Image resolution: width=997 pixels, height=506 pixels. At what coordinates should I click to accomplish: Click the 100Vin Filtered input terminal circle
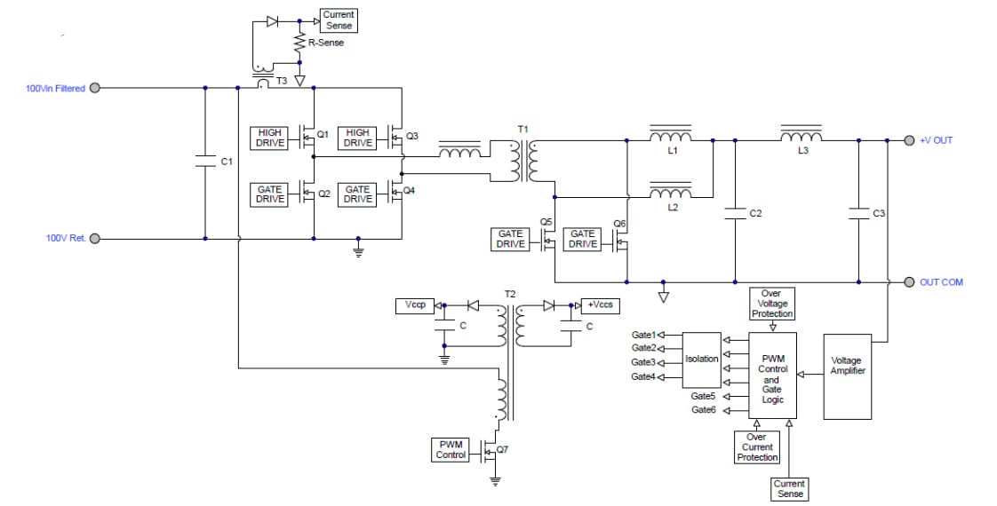tap(95, 88)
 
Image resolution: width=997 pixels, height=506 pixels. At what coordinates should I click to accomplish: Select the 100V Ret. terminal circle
tap(95, 238)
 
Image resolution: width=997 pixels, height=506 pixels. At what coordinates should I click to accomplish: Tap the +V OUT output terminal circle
tap(909, 140)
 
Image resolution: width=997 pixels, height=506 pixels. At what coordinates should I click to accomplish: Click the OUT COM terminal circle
tap(909, 282)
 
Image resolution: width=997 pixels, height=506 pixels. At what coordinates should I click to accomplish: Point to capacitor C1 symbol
tap(205, 162)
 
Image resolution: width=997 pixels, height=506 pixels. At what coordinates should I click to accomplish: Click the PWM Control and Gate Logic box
tap(772, 375)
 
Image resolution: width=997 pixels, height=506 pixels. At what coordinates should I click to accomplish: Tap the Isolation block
tap(702, 359)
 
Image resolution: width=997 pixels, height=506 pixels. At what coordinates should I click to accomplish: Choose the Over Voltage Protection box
tap(771, 304)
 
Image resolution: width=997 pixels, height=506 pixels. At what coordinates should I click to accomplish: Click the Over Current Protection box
tap(756, 447)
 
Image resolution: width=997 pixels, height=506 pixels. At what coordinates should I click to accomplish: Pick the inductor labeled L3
tap(802, 137)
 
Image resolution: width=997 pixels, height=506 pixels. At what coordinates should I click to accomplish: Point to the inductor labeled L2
tap(670, 194)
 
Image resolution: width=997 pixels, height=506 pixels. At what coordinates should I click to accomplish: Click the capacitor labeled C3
tap(858, 213)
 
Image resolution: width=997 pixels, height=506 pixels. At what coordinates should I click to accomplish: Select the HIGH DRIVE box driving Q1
tap(269, 138)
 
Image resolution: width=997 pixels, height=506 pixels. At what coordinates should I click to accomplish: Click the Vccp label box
tap(414, 305)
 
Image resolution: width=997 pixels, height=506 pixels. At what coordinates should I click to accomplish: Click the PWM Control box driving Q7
tap(451, 449)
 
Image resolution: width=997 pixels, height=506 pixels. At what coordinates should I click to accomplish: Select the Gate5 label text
tap(703, 396)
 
